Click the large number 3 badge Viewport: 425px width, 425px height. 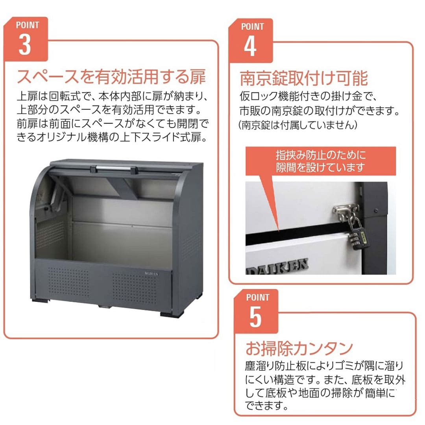24,45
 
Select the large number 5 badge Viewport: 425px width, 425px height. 255,317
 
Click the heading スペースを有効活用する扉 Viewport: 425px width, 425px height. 111,76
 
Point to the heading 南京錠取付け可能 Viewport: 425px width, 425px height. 304,78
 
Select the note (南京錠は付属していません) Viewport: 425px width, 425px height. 298,125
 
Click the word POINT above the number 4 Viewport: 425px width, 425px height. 252,27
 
